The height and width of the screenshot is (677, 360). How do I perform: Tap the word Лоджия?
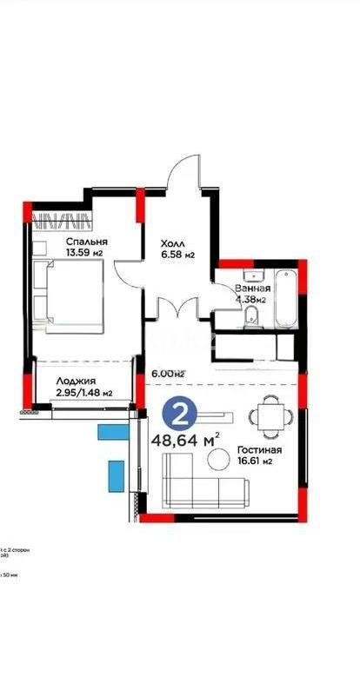point(76,380)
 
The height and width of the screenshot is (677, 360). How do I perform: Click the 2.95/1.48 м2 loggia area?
point(83,393)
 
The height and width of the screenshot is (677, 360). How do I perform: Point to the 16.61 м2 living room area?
point(257,462)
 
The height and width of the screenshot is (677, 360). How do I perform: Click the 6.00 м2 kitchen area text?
point(168,374)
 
